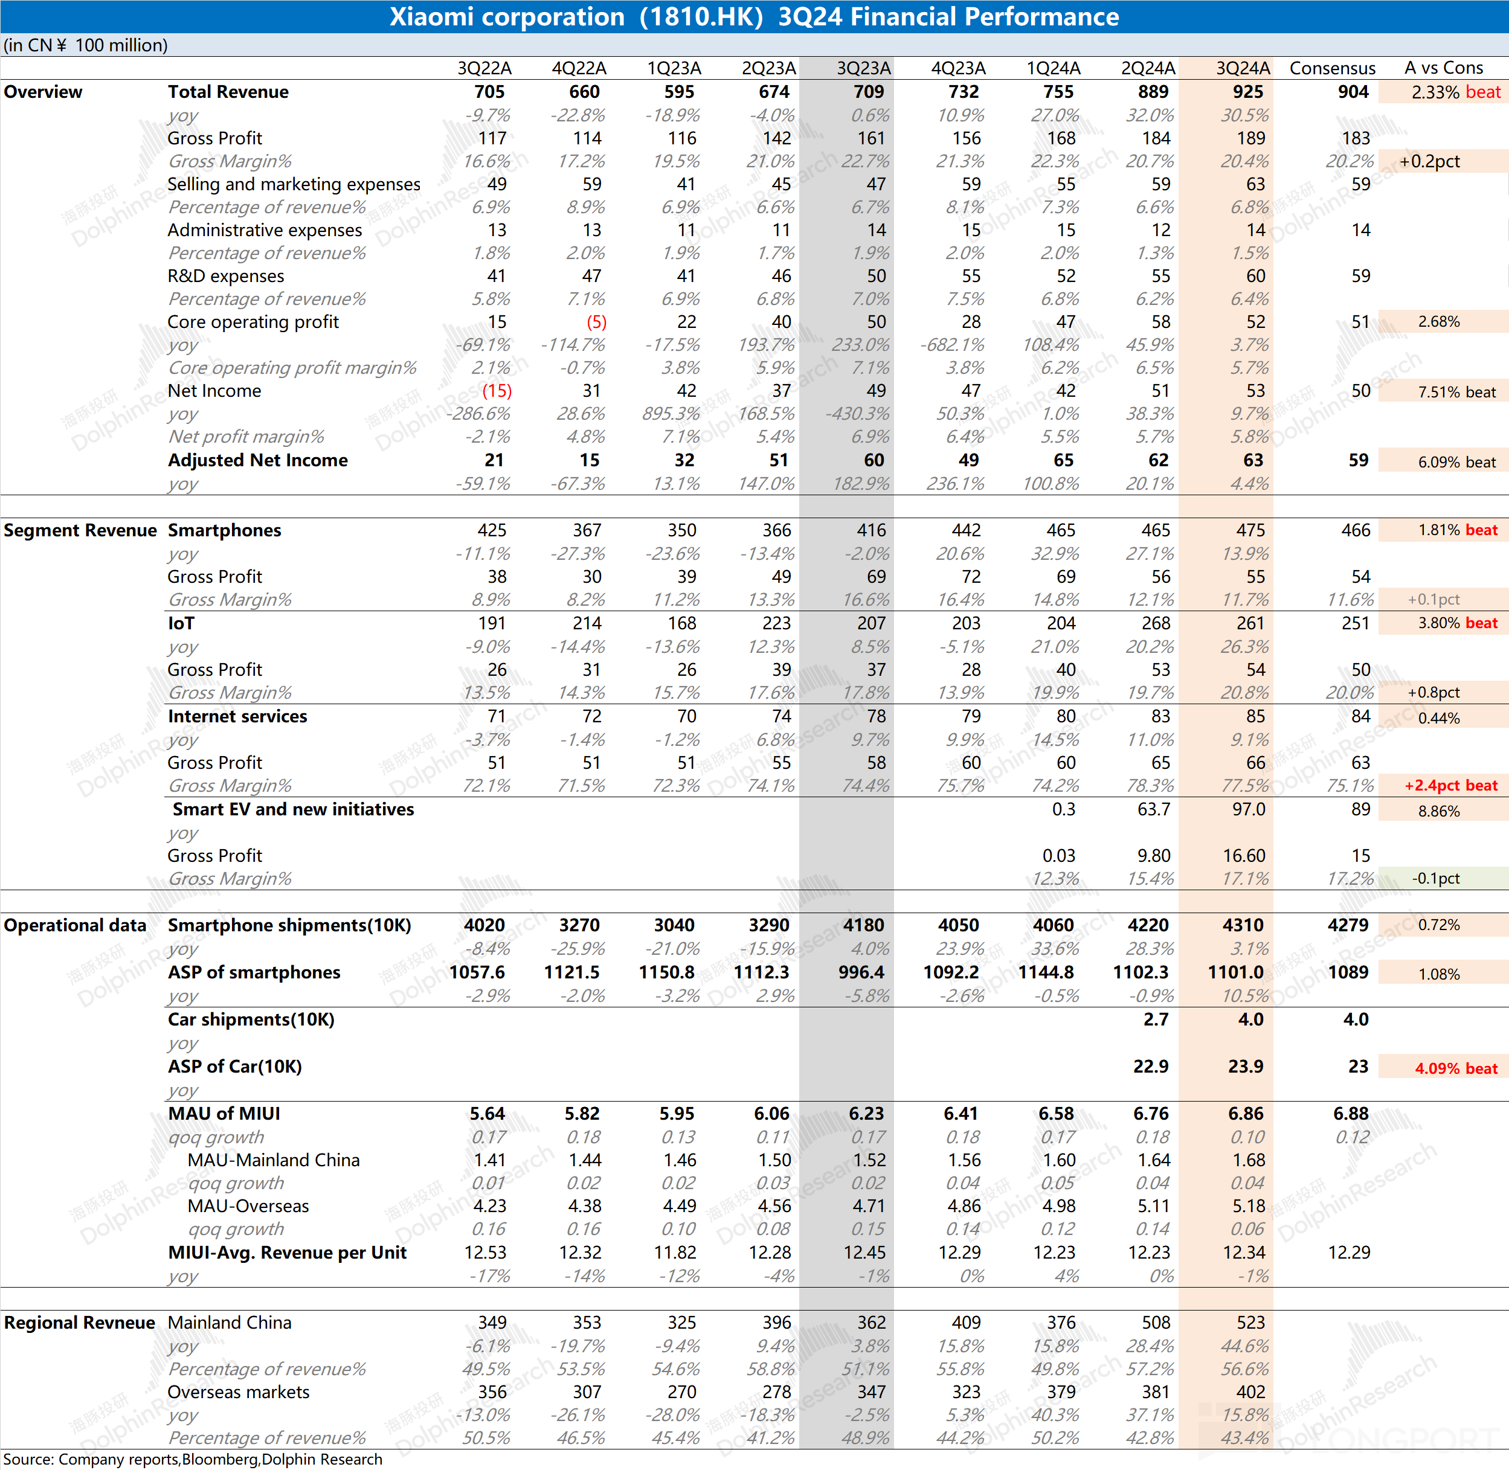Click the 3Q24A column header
[x=1243, y=68]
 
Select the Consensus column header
[x=1332, y=68]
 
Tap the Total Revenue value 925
[x=1248, y=92]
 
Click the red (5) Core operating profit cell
[x=596, y=322]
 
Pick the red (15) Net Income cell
[x=497, y=391]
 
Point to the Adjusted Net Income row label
[x=258, y=460]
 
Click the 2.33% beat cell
[x=1443, y=92]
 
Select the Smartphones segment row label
[x=225, y=530]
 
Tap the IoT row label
[x=181, y=623]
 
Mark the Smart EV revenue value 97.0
[x=1249, y=809]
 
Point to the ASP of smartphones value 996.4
[x=862, y=972]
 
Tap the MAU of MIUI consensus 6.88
[x=1351, y=1113]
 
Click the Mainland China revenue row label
[x=230, y=1323]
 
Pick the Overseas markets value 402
[x=1251, y=1392]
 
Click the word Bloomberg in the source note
[x=220, y=1459]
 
